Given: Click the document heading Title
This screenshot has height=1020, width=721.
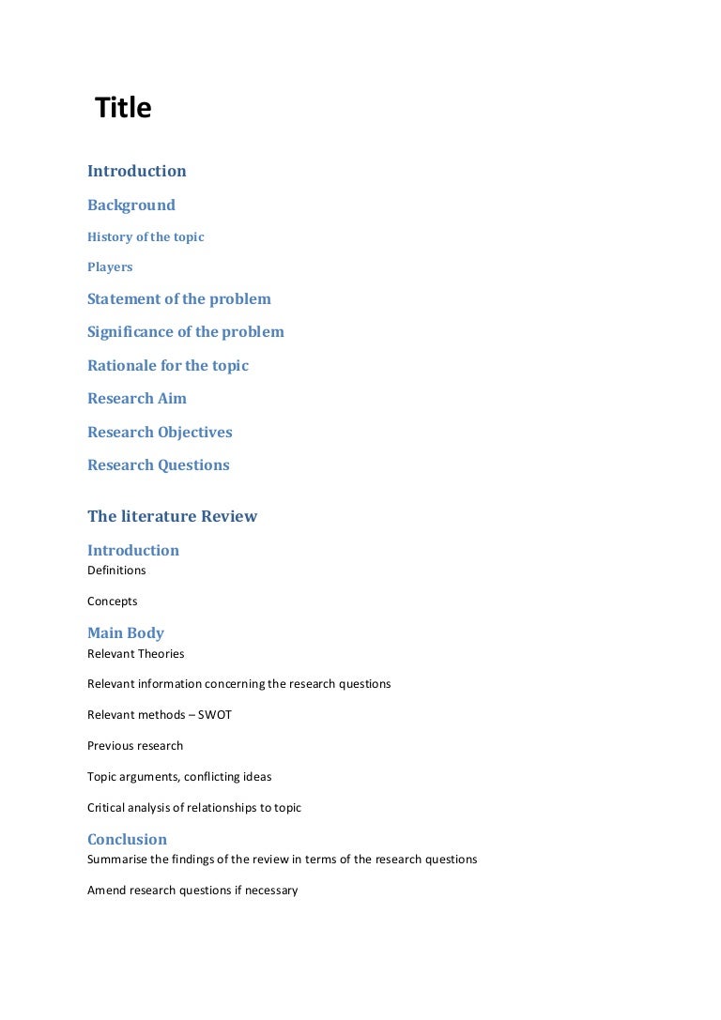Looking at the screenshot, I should (x=123, y=109).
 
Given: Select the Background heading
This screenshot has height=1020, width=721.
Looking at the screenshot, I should (x=131, y=206).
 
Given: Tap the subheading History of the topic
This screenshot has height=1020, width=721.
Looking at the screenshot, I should (x=146, y=237).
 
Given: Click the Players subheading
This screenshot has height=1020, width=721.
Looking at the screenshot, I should (x=110, y=267).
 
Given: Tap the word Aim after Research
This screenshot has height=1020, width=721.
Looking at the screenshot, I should (x=173, y=399).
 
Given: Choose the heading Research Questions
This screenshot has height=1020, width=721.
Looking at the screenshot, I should (x=158, y=465).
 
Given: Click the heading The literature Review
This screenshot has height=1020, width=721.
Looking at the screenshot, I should (x=172, y=517).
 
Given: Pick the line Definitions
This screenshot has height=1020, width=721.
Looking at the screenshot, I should (x=116, y=571).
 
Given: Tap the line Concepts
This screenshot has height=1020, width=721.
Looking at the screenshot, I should (x=113, y=601).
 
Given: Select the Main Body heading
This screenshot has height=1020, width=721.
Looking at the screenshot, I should (x=126, y=633).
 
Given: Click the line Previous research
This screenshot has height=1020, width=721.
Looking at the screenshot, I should (x=135, y=746).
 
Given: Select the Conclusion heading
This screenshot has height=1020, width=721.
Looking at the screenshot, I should (x=127, y=840).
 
